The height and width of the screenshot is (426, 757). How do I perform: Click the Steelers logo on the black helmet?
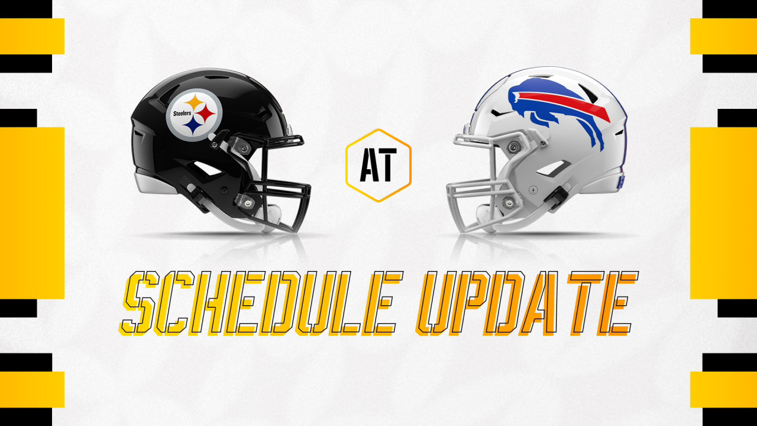pos(194,115)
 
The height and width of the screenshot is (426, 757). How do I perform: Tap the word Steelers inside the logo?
pos(182,113)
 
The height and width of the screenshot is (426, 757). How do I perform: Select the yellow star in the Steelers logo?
pos(195,102)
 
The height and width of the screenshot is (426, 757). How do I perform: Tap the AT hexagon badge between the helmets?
pos(378,165)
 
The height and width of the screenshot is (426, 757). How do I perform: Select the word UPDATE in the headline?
pos(526,304)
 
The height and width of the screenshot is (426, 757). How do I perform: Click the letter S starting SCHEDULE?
pos(138,304)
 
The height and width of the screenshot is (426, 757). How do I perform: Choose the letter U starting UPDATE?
pos(436,304)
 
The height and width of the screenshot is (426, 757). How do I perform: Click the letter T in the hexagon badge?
pos(387,164)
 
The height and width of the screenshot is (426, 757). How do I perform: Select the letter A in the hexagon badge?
pos(368,164)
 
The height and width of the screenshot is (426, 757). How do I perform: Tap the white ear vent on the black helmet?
pos(207,168)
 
